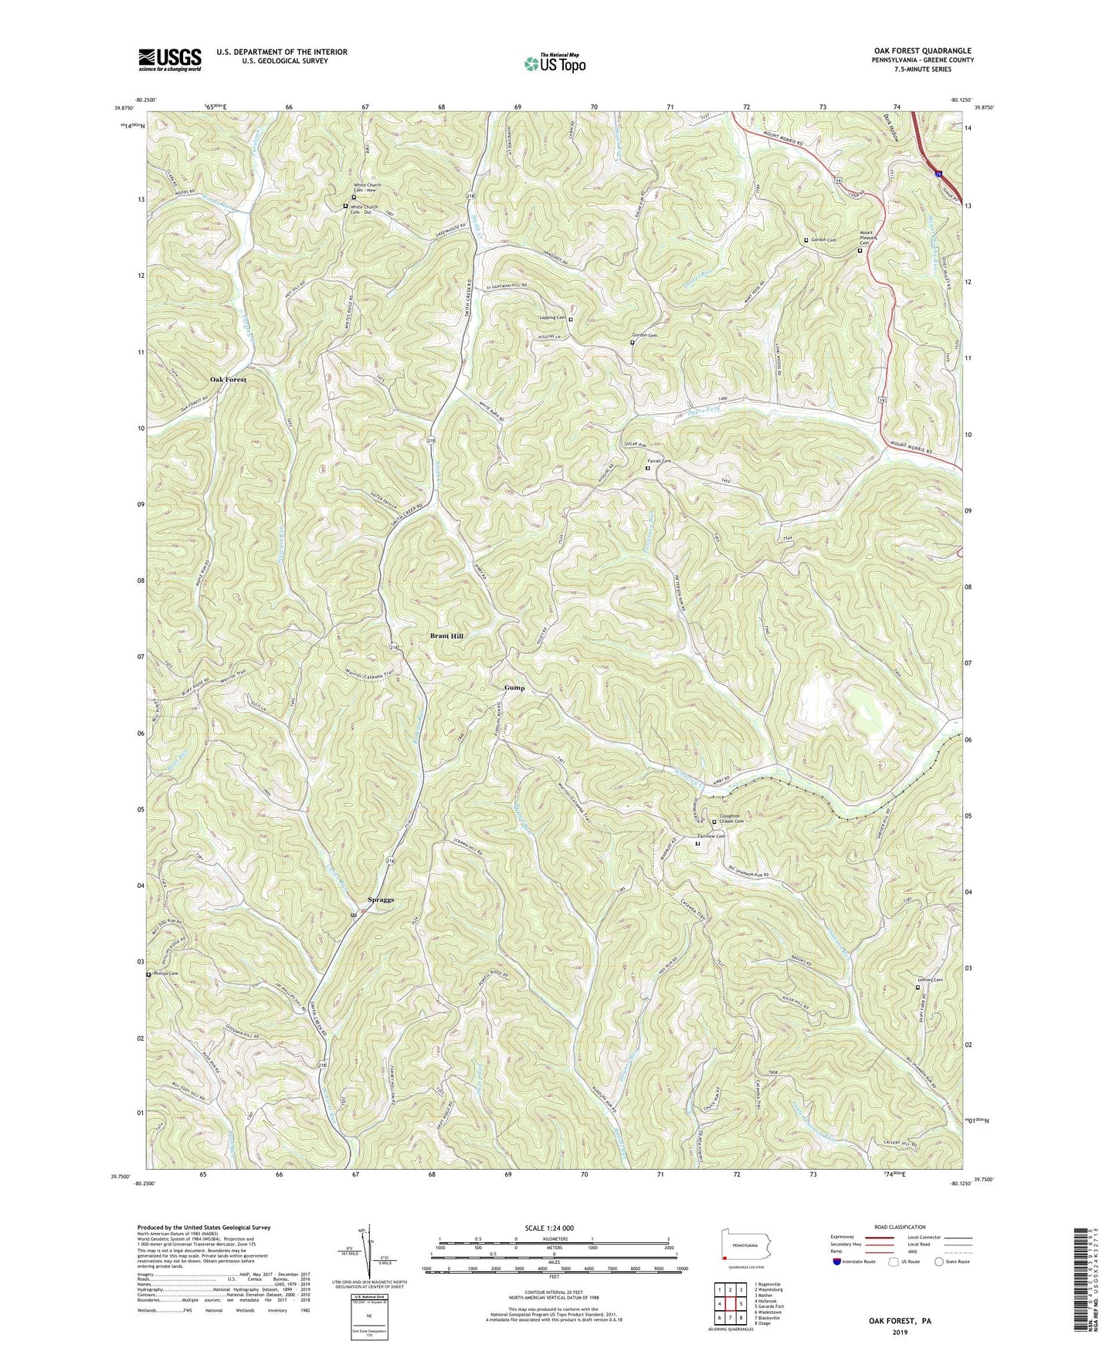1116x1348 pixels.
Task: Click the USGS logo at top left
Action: pyautogui.click(x=169, y=59)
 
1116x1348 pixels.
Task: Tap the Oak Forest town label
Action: pyautogui.click(x=229, y=380)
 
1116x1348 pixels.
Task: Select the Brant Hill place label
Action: pyautogui.click(x=447, y=635)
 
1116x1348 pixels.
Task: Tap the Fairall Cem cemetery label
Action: pyautogui.click(x=660, y=462)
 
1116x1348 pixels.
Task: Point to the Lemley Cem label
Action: pyautogui.click(x=930, y=981)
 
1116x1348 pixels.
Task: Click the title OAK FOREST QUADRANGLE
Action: pyautogui.click(x=918, y=50)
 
